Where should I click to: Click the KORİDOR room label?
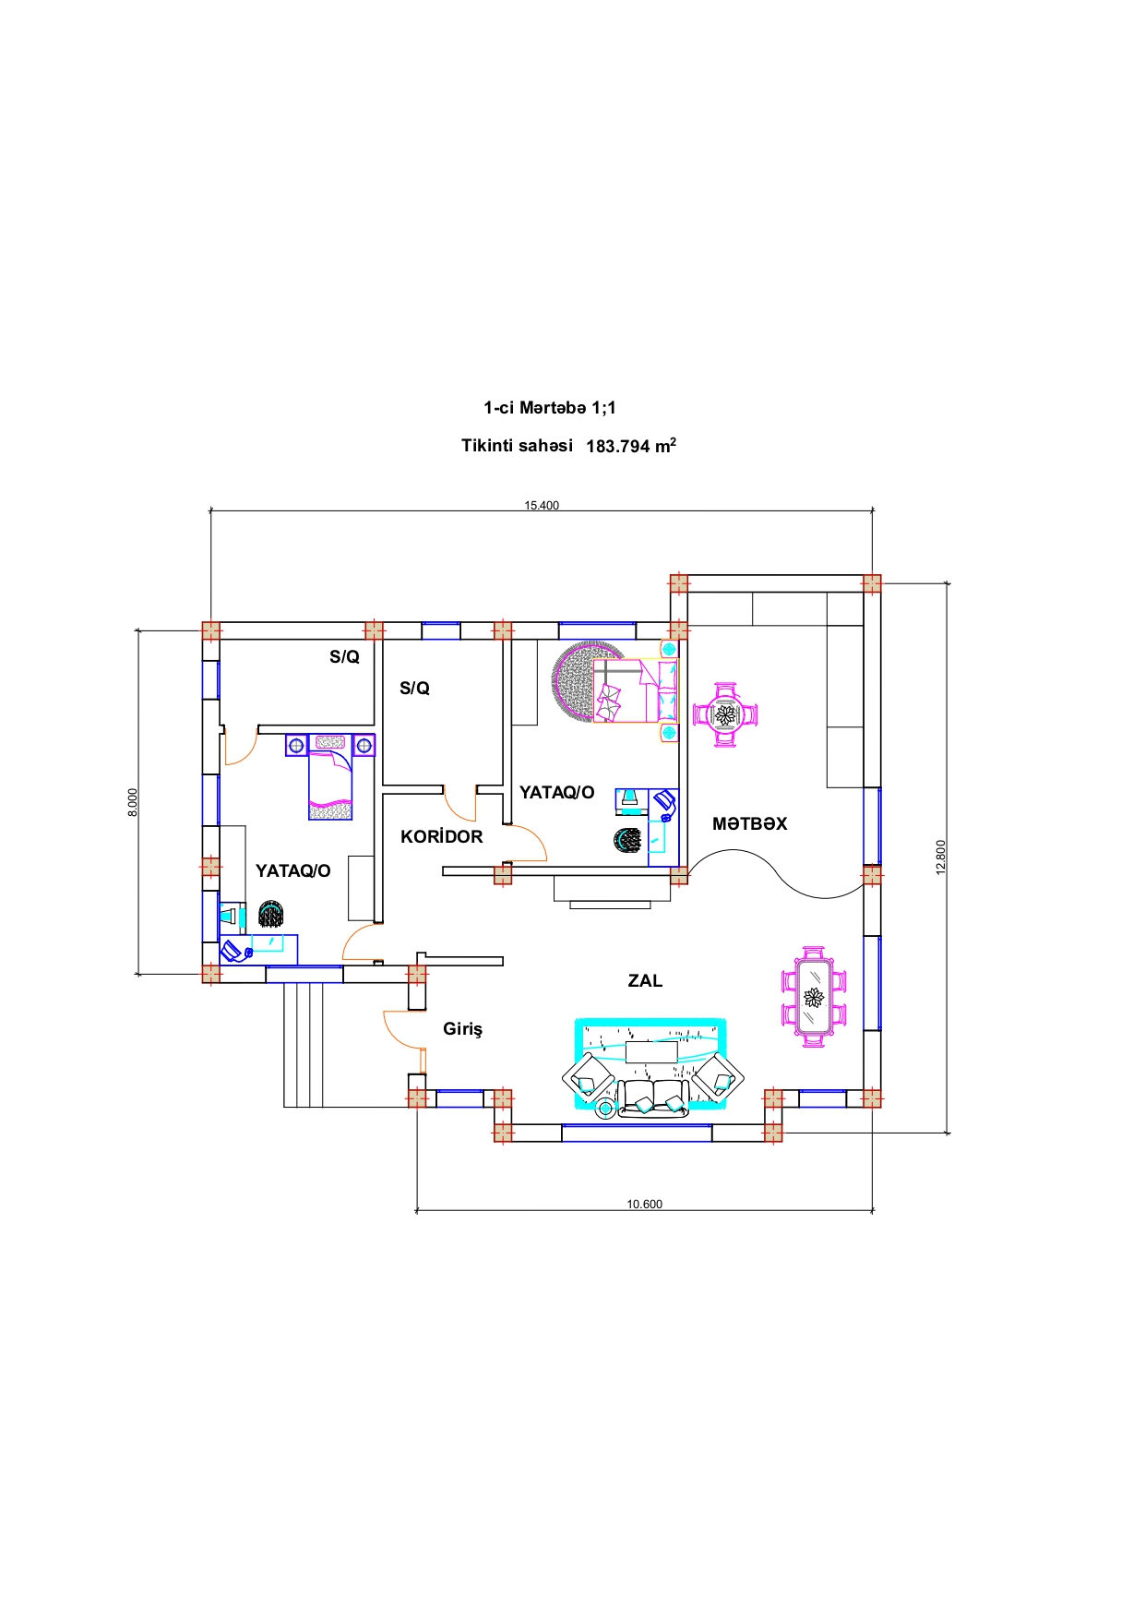point(441,836)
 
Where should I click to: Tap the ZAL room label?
point(645,980)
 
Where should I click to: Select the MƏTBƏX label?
point(749,823)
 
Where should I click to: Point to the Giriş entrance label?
point(462,1029)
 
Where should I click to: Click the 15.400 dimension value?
point(542,505)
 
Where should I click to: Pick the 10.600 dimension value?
point(644,1204)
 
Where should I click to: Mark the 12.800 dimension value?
point(940,857)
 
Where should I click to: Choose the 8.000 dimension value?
point(133,801)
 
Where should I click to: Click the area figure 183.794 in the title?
point(617,446)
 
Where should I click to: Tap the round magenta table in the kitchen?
point(725,714)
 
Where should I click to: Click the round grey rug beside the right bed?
point(574,683)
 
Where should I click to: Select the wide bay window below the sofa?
point(637,1133)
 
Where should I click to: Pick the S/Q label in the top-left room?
point(344,656)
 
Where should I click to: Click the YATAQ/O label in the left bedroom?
point(292,870)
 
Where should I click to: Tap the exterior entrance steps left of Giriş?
point(304,1043)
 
